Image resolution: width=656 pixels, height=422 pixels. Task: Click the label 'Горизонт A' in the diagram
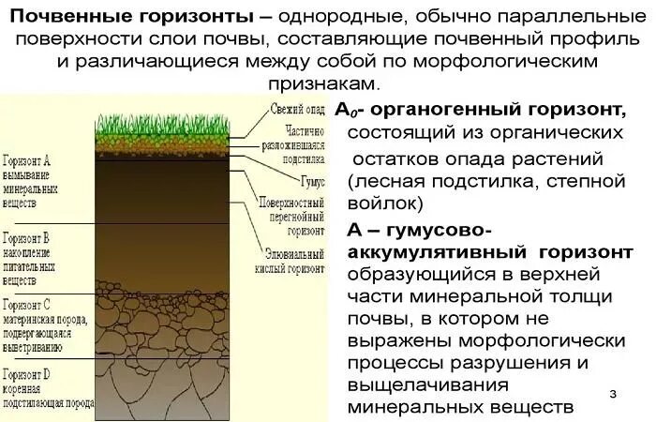[27, 161]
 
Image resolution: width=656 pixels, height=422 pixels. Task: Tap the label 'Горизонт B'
[27, 238]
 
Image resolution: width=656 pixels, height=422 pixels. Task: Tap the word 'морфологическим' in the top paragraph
[514, 60]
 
